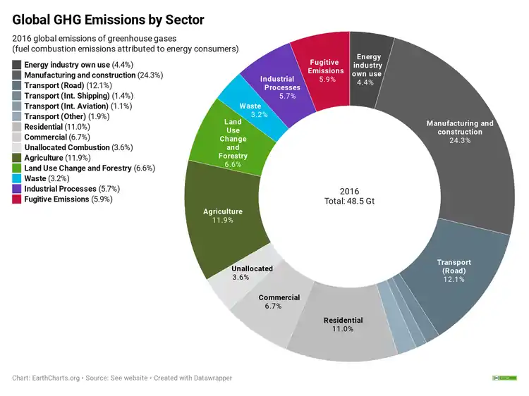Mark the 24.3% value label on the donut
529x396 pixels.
click(x=459, y=141)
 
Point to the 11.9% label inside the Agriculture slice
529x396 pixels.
click(x=222, y=221)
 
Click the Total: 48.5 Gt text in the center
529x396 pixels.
click(x=349, y=202)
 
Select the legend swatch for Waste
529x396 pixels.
click(x=16, y=179)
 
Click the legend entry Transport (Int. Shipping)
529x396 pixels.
click(x=67, y=96)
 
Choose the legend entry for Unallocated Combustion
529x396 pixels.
click(x=67, y=148)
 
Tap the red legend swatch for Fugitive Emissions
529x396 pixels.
click(x=16, y=199)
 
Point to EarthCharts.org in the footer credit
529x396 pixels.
click(x=57, y=378)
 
